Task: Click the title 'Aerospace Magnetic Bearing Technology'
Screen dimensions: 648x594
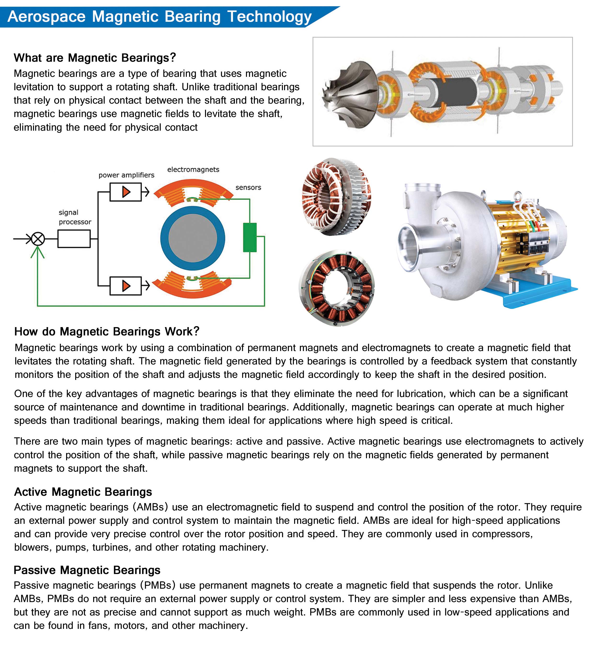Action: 159,17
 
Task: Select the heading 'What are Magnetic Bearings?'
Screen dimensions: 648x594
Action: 95,58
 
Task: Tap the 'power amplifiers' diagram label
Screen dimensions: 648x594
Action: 126,175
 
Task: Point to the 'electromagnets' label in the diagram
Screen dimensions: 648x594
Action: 193,169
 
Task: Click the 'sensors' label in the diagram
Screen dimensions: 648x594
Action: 248,187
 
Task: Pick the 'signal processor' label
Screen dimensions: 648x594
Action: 75,217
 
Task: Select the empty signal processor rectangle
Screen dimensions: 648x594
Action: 74,239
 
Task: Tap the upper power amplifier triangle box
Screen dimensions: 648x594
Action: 126,192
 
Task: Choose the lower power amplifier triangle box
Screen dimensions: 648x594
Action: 126,286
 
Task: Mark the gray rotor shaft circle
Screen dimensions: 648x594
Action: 192,239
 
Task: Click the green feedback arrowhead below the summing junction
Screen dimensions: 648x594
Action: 38,252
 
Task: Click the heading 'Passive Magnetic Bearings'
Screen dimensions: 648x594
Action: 87,570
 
